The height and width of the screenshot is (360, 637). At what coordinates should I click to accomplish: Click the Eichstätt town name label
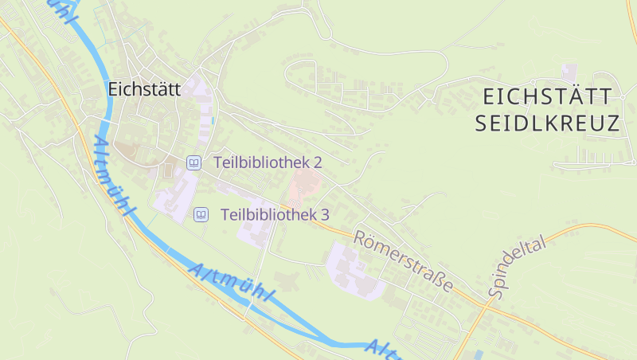144,89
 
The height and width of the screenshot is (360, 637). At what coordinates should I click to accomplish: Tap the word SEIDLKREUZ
547,123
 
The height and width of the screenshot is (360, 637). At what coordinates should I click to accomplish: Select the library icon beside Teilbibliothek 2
193,162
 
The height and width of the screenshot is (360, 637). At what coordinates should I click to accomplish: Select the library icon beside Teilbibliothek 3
201,214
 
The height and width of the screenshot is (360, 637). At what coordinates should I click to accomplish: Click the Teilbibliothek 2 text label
268,162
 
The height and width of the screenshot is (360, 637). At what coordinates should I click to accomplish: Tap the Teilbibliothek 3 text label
275,214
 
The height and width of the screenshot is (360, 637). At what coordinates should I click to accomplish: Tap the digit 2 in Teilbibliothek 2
318,162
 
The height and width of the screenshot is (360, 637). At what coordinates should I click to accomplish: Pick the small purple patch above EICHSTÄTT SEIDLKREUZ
569,72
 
